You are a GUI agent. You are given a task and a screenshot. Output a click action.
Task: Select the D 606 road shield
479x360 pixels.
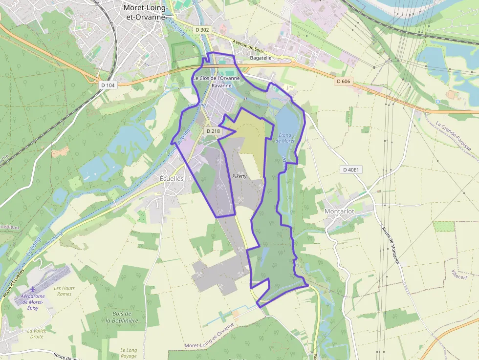click(344, 81)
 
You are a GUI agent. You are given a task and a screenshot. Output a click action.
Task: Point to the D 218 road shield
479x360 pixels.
click(213, 131)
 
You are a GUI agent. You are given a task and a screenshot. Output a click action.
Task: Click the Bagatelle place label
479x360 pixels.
click(261, 58)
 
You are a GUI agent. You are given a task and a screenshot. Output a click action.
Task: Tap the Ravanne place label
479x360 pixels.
click(221, 85)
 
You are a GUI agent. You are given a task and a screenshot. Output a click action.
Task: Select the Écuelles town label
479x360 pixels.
click(172, 179)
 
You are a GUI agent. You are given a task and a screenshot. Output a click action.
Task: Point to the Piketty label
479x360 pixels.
click(240, 176)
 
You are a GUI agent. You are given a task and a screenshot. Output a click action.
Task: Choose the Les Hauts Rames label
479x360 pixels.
click(65, 291)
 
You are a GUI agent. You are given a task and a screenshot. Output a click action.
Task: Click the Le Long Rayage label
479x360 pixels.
click(129, 353)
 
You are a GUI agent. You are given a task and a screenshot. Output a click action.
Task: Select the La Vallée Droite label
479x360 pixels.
click(37, 334)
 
